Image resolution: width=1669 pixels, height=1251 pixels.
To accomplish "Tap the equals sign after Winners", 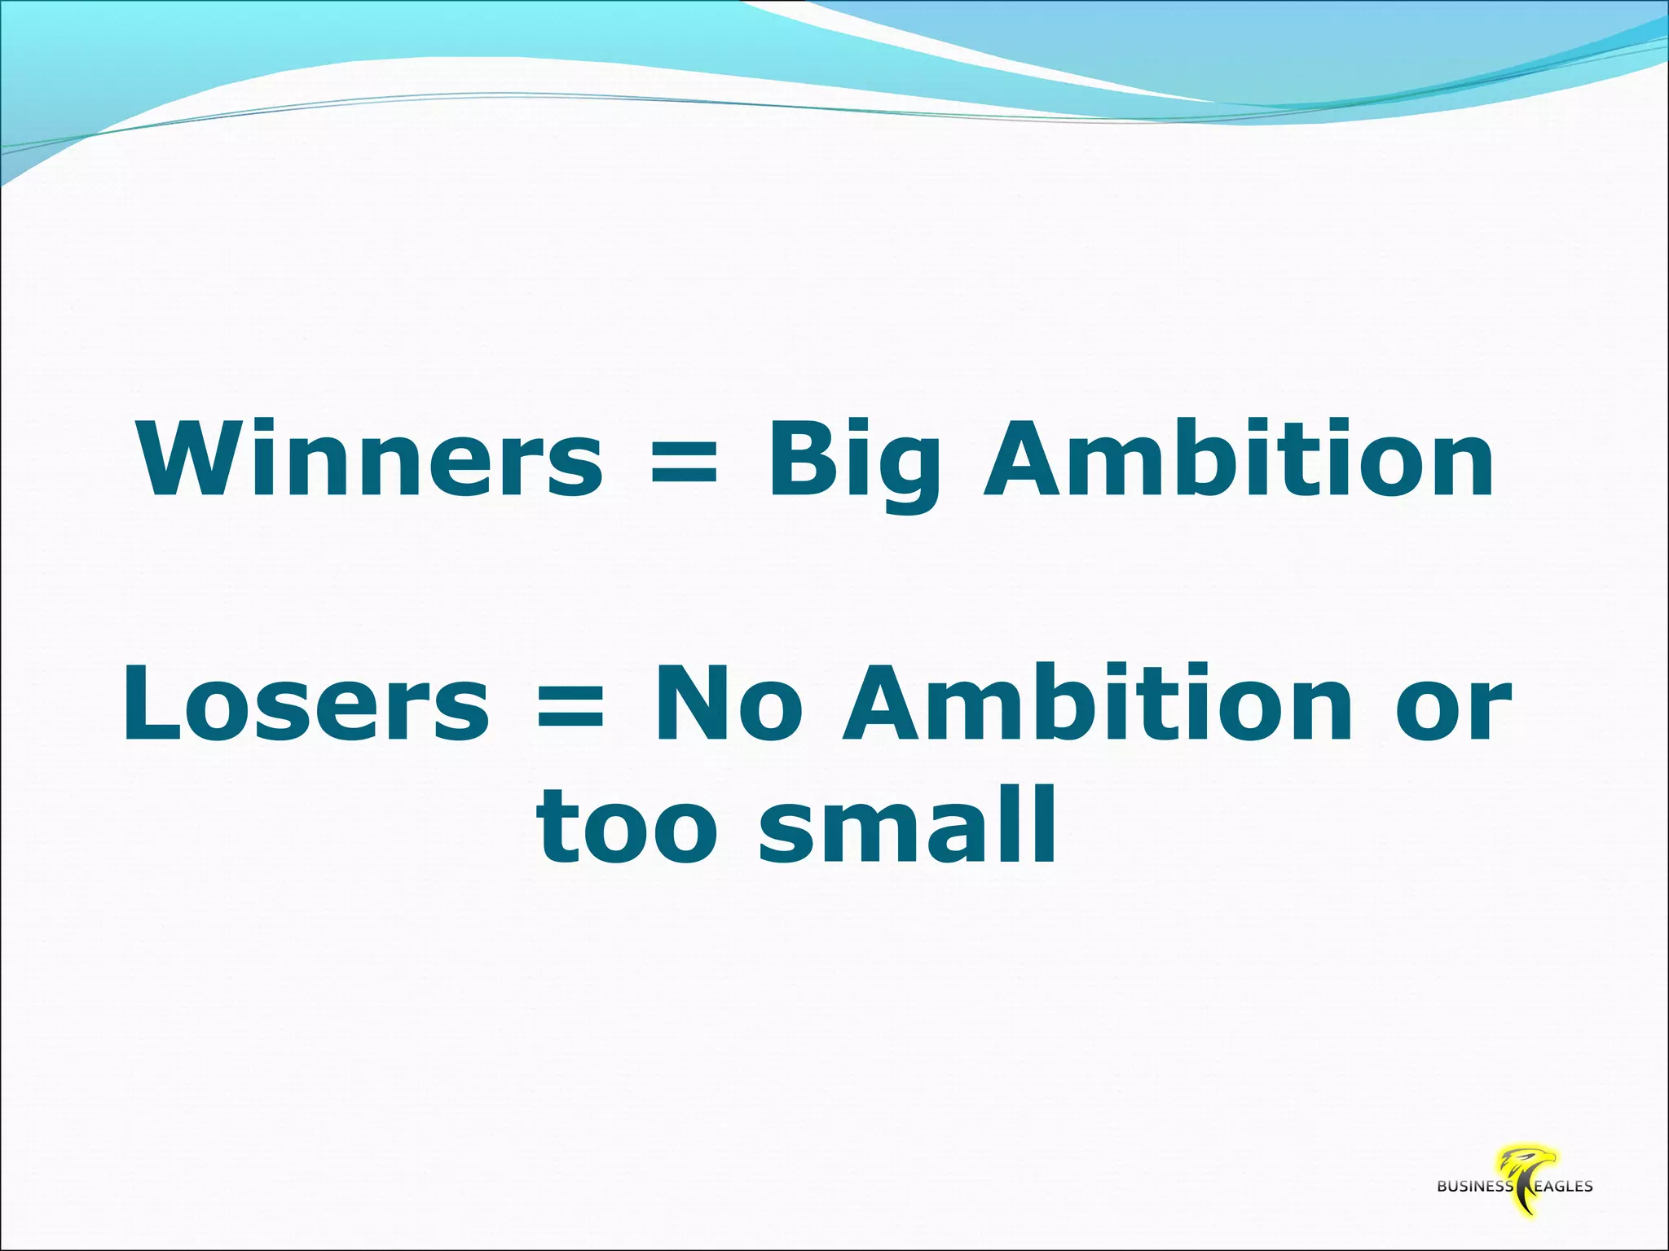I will click(x=685, y=459).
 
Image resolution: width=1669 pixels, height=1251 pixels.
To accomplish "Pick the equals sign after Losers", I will click(x=571, y=705).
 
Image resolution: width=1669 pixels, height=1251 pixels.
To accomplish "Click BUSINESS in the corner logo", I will click(x=1475, y=1187).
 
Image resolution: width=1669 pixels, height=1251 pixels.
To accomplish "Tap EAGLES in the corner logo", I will click(x=1563, y=1187).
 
